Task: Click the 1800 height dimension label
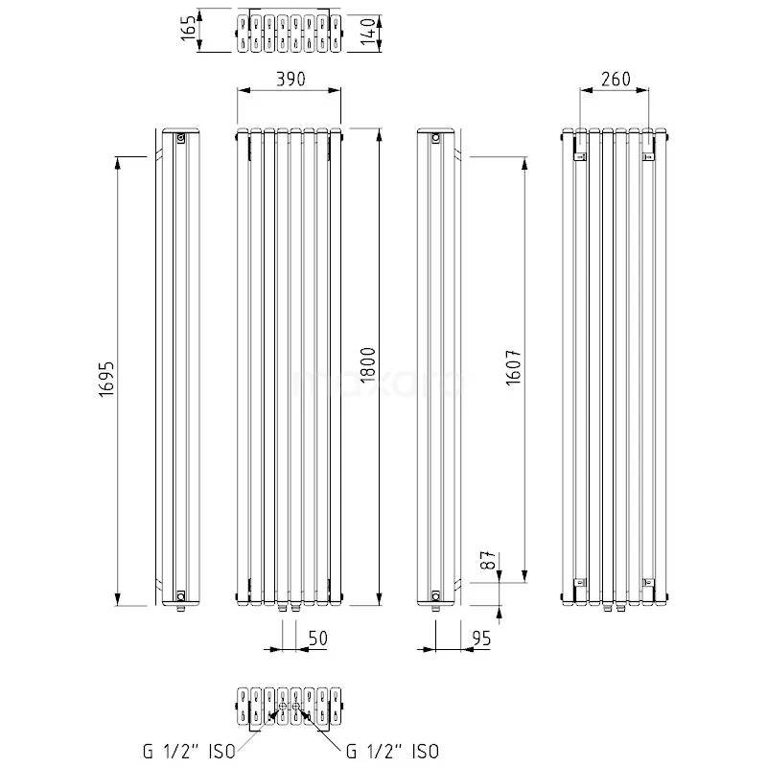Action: click(x=367, y=364)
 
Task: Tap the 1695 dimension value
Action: click(x=106, y=379)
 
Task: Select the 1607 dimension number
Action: click(x=513, y=367)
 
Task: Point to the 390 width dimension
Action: click(x=291, y=79)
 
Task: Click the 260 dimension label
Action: click(x=616, y=79)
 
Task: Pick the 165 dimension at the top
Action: click(x=188, y=28)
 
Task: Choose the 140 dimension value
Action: click(x=368, y=32)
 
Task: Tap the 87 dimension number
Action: click(x=488, y=560)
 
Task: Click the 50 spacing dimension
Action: click(x=318, y=639)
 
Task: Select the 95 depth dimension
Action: click(x=481, y=639)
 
